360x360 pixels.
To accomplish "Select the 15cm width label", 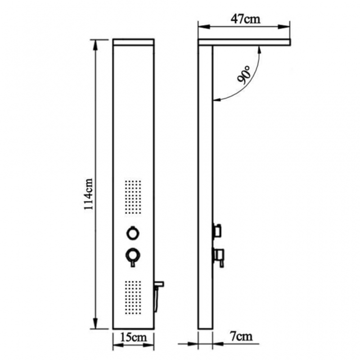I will (x=134, y=336).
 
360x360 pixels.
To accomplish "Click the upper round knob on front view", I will (x=133, y=233).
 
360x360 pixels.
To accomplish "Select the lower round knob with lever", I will (x=133, y=256).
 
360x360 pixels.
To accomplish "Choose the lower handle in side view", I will (x=219, y=255).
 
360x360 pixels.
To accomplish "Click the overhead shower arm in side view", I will (x=245, y=42).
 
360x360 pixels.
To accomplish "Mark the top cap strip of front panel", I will (x=133, y=43).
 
